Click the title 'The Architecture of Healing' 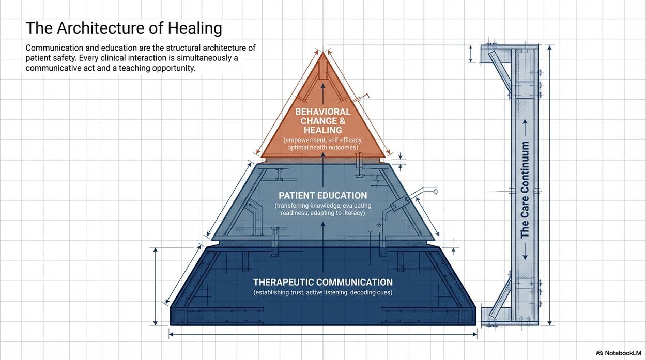[124, 28]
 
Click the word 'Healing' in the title [195, 28]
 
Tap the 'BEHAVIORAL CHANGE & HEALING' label [322, 121]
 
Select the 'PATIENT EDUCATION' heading [322, 195]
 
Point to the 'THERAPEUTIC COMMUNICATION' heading [322, 282]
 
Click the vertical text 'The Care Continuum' [525, 190]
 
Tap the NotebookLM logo [618, 353]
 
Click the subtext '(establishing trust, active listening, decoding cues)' [322, 292]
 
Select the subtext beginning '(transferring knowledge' [322, 209]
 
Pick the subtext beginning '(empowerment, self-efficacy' [322, 144]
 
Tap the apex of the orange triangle [323, 52]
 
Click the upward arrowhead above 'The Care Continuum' [525, 122]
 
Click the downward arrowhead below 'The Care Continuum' [525, 257]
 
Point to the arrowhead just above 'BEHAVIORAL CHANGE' [323, 86]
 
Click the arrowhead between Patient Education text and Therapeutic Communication [323, 224]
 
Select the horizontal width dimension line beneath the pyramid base [323, 334]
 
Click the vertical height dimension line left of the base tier [156, 286]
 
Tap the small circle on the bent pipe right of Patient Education [436, 192]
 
